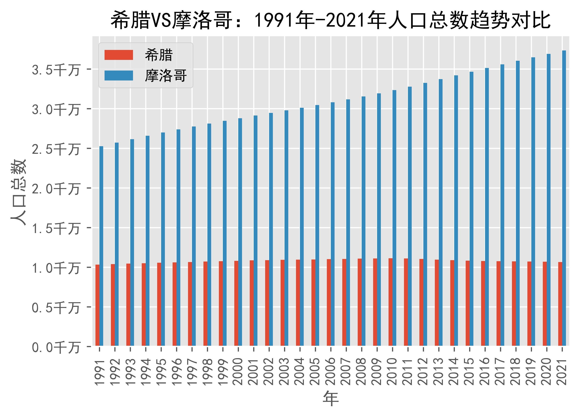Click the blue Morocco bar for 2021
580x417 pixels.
tap(564, 198)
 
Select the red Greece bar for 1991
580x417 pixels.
tap(97, 305)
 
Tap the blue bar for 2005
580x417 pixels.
tap(317, 225)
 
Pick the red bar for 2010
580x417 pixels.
tap(390, 302)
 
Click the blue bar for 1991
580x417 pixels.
tap(101, 246)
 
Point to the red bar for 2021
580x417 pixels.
tap(560, 304)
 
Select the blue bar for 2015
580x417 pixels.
tap(471, 209)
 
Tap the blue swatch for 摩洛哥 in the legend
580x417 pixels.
tap(119, 76)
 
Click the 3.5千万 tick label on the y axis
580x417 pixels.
tap(56, 70)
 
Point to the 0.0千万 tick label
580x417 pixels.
tap(56, 347)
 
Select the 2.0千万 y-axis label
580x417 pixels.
tap(56, 189)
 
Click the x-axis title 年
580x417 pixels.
tap(331, 399)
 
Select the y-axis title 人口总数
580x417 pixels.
tap(18, 192)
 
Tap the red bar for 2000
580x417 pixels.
tap(236, 303)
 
